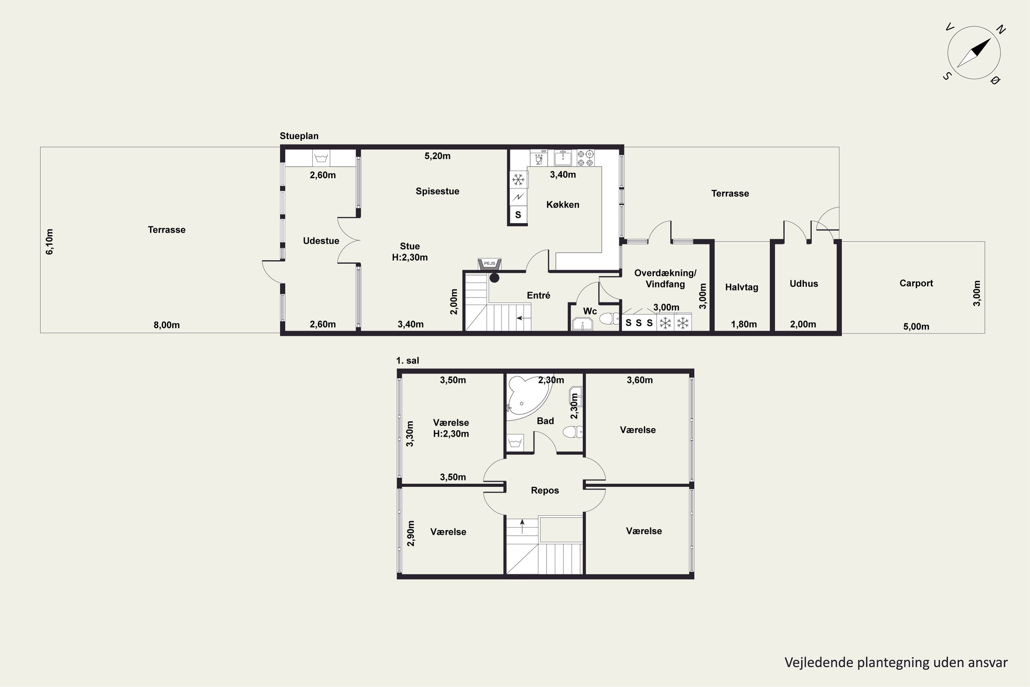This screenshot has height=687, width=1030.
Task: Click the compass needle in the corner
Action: [x=974, y=53]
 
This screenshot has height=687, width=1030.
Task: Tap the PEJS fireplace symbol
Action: [x=490, y=264]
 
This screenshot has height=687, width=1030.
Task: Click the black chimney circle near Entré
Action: [x=494, y=278]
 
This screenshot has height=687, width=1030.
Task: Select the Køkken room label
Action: [x=563, y=205]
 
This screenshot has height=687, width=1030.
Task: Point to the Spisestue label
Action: [x=437, y=191]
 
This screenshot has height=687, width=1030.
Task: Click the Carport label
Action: [x=916, y=283]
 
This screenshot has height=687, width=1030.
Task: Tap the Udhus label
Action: [x=804, y=283]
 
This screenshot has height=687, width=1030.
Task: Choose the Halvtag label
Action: [x=741, y=288]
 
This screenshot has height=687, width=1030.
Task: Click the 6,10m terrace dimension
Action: [x=49, y=241]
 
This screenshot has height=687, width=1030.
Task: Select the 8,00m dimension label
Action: [x=167, y=325]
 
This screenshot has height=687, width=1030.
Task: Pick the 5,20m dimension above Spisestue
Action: [x=437, y=156]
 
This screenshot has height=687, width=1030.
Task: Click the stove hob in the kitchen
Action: [x=585, y=158]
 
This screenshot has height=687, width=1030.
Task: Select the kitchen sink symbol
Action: [x=562, y=158]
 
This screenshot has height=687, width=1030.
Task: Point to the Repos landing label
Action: [x=545, y=490]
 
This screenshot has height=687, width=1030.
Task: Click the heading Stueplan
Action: [x=299, y=136]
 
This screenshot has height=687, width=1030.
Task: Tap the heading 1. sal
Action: [x=408, y=361]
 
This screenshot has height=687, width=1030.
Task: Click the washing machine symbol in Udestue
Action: [x=321, y=158]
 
